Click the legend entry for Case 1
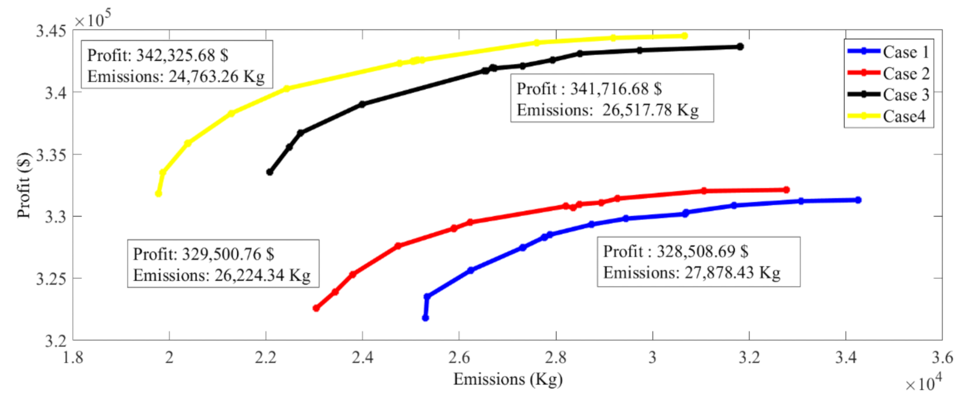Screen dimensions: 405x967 pos(905,52)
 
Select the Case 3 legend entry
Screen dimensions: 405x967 pos(905,95)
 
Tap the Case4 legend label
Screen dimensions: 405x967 pos(904,116)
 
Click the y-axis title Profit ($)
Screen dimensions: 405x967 pos(23,185)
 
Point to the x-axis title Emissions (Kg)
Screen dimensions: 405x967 pos(507,379)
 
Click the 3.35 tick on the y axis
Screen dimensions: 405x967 pos(51,154)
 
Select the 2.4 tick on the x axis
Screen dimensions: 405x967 pos(362,357)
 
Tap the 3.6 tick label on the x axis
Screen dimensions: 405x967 pos(941,357)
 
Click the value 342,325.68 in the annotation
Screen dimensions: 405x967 pos(176,55)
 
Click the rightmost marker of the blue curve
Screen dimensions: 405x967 pos(858,200)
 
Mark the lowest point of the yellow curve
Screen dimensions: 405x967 pos(158,194)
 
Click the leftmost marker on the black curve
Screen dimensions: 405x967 pos(270,172)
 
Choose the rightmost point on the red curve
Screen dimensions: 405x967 pos(786,190)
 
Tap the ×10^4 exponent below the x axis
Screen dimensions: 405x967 pos(923,383)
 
